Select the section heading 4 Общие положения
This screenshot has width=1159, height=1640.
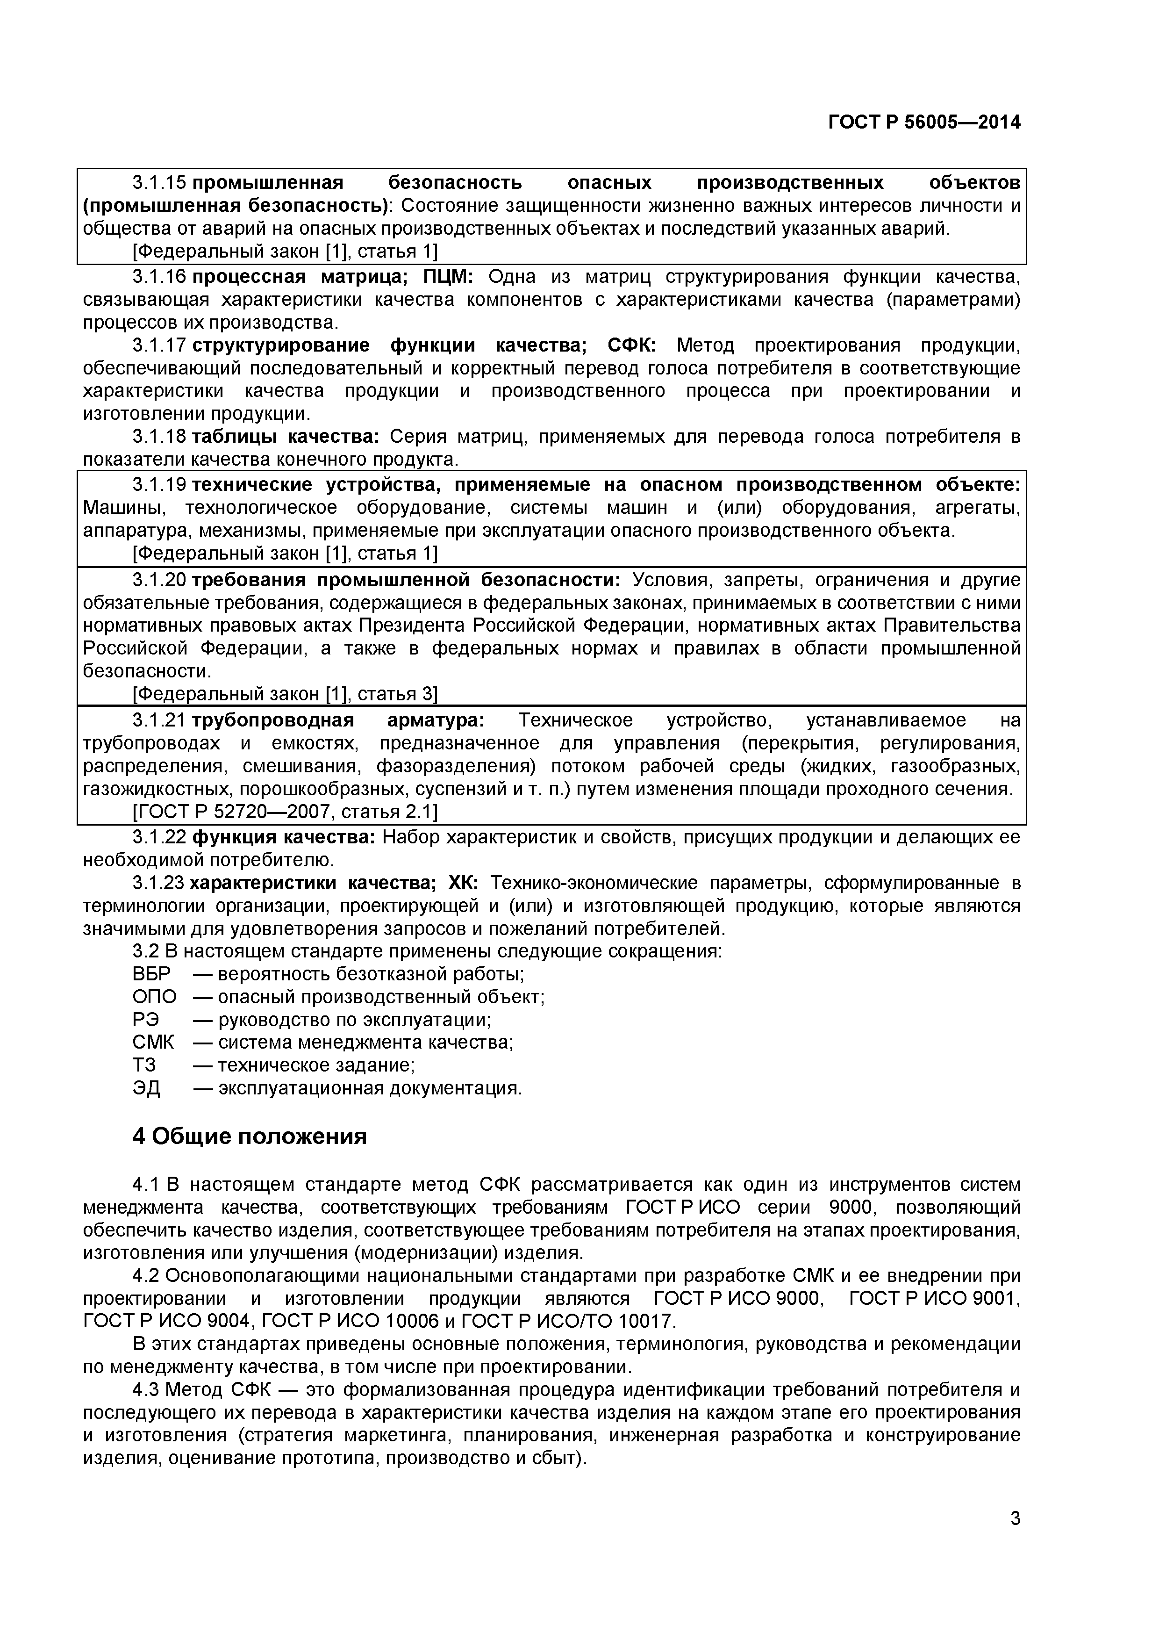249,1136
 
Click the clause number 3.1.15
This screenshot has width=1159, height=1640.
158,183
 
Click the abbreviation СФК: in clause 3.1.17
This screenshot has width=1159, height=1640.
631,345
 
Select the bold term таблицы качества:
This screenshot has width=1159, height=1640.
286,437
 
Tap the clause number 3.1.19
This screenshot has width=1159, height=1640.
158,485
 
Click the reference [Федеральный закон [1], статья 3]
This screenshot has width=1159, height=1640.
285,694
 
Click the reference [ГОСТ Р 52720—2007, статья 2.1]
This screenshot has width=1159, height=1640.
285,812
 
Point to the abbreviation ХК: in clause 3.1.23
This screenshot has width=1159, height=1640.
464,883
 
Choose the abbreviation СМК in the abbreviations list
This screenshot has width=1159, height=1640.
153,1043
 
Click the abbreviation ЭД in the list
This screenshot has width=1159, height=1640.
146,1088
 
